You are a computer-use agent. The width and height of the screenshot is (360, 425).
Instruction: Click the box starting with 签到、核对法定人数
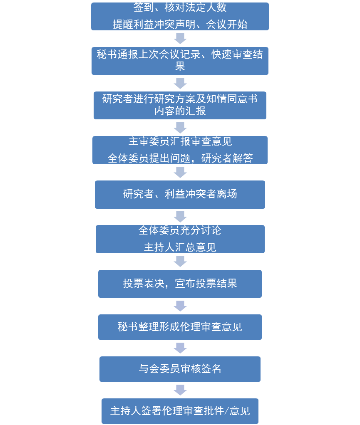coord(180,16)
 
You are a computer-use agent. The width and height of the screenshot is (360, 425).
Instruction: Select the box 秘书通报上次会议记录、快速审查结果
coord(180,61)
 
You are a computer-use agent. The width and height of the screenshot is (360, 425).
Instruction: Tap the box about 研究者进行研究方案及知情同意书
coord(180,105)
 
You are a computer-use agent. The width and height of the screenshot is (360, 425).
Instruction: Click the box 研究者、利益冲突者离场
coord(180,194)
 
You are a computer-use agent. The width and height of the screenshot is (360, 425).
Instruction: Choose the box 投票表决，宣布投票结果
coord(180,284)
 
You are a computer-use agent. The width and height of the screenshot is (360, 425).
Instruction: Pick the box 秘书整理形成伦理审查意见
coord(180,327)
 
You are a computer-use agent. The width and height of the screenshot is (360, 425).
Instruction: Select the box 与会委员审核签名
coord(180,369)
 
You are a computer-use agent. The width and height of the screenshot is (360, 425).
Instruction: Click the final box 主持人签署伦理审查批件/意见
coord(180,411)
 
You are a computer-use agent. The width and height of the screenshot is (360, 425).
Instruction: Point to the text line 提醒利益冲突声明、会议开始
coord(180,25)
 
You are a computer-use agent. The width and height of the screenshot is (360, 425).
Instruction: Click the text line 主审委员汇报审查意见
coord(180,141)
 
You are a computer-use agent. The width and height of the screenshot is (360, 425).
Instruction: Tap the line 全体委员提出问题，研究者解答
coord(180,158)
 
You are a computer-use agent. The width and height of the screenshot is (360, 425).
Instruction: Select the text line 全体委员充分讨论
coord(180,230)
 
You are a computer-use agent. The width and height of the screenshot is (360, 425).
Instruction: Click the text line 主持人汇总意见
coord(180,247)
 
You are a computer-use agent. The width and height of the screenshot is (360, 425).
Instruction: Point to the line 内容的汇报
coord(180,111)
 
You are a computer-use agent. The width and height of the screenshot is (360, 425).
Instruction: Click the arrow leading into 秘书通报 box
coord(180,39)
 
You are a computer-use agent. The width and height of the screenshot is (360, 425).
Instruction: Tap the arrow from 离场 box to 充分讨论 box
coord(180,217)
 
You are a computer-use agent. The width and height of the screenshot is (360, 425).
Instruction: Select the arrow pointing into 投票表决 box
coord(180,261)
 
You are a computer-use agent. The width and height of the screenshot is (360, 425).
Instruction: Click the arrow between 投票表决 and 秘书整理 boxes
coord(180,306)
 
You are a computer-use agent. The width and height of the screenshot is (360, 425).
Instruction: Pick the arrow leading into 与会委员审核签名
coord(180,348)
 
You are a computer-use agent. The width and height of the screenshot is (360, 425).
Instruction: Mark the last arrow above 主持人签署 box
coord(180,390)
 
